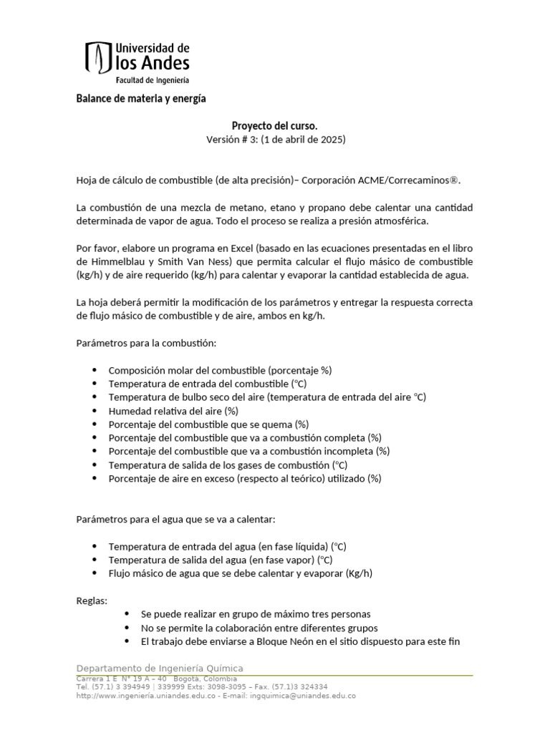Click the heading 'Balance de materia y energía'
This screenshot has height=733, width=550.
click(x=141, y=99)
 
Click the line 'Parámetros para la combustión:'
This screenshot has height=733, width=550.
click(x=145, y=343)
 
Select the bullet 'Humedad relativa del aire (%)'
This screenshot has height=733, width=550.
click(x=173, y=411)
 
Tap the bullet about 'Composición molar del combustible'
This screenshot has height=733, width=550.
click(x=220, y=370)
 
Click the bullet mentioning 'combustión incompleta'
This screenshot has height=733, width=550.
click(x=249, y=451)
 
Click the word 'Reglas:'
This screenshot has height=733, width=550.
click(x=91, y=600)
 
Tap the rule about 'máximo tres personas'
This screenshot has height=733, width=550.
click(x=256, y=614)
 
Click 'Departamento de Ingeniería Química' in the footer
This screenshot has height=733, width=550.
click(x=159, y=668)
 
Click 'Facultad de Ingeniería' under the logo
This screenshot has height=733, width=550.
click(x=153, y=80)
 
